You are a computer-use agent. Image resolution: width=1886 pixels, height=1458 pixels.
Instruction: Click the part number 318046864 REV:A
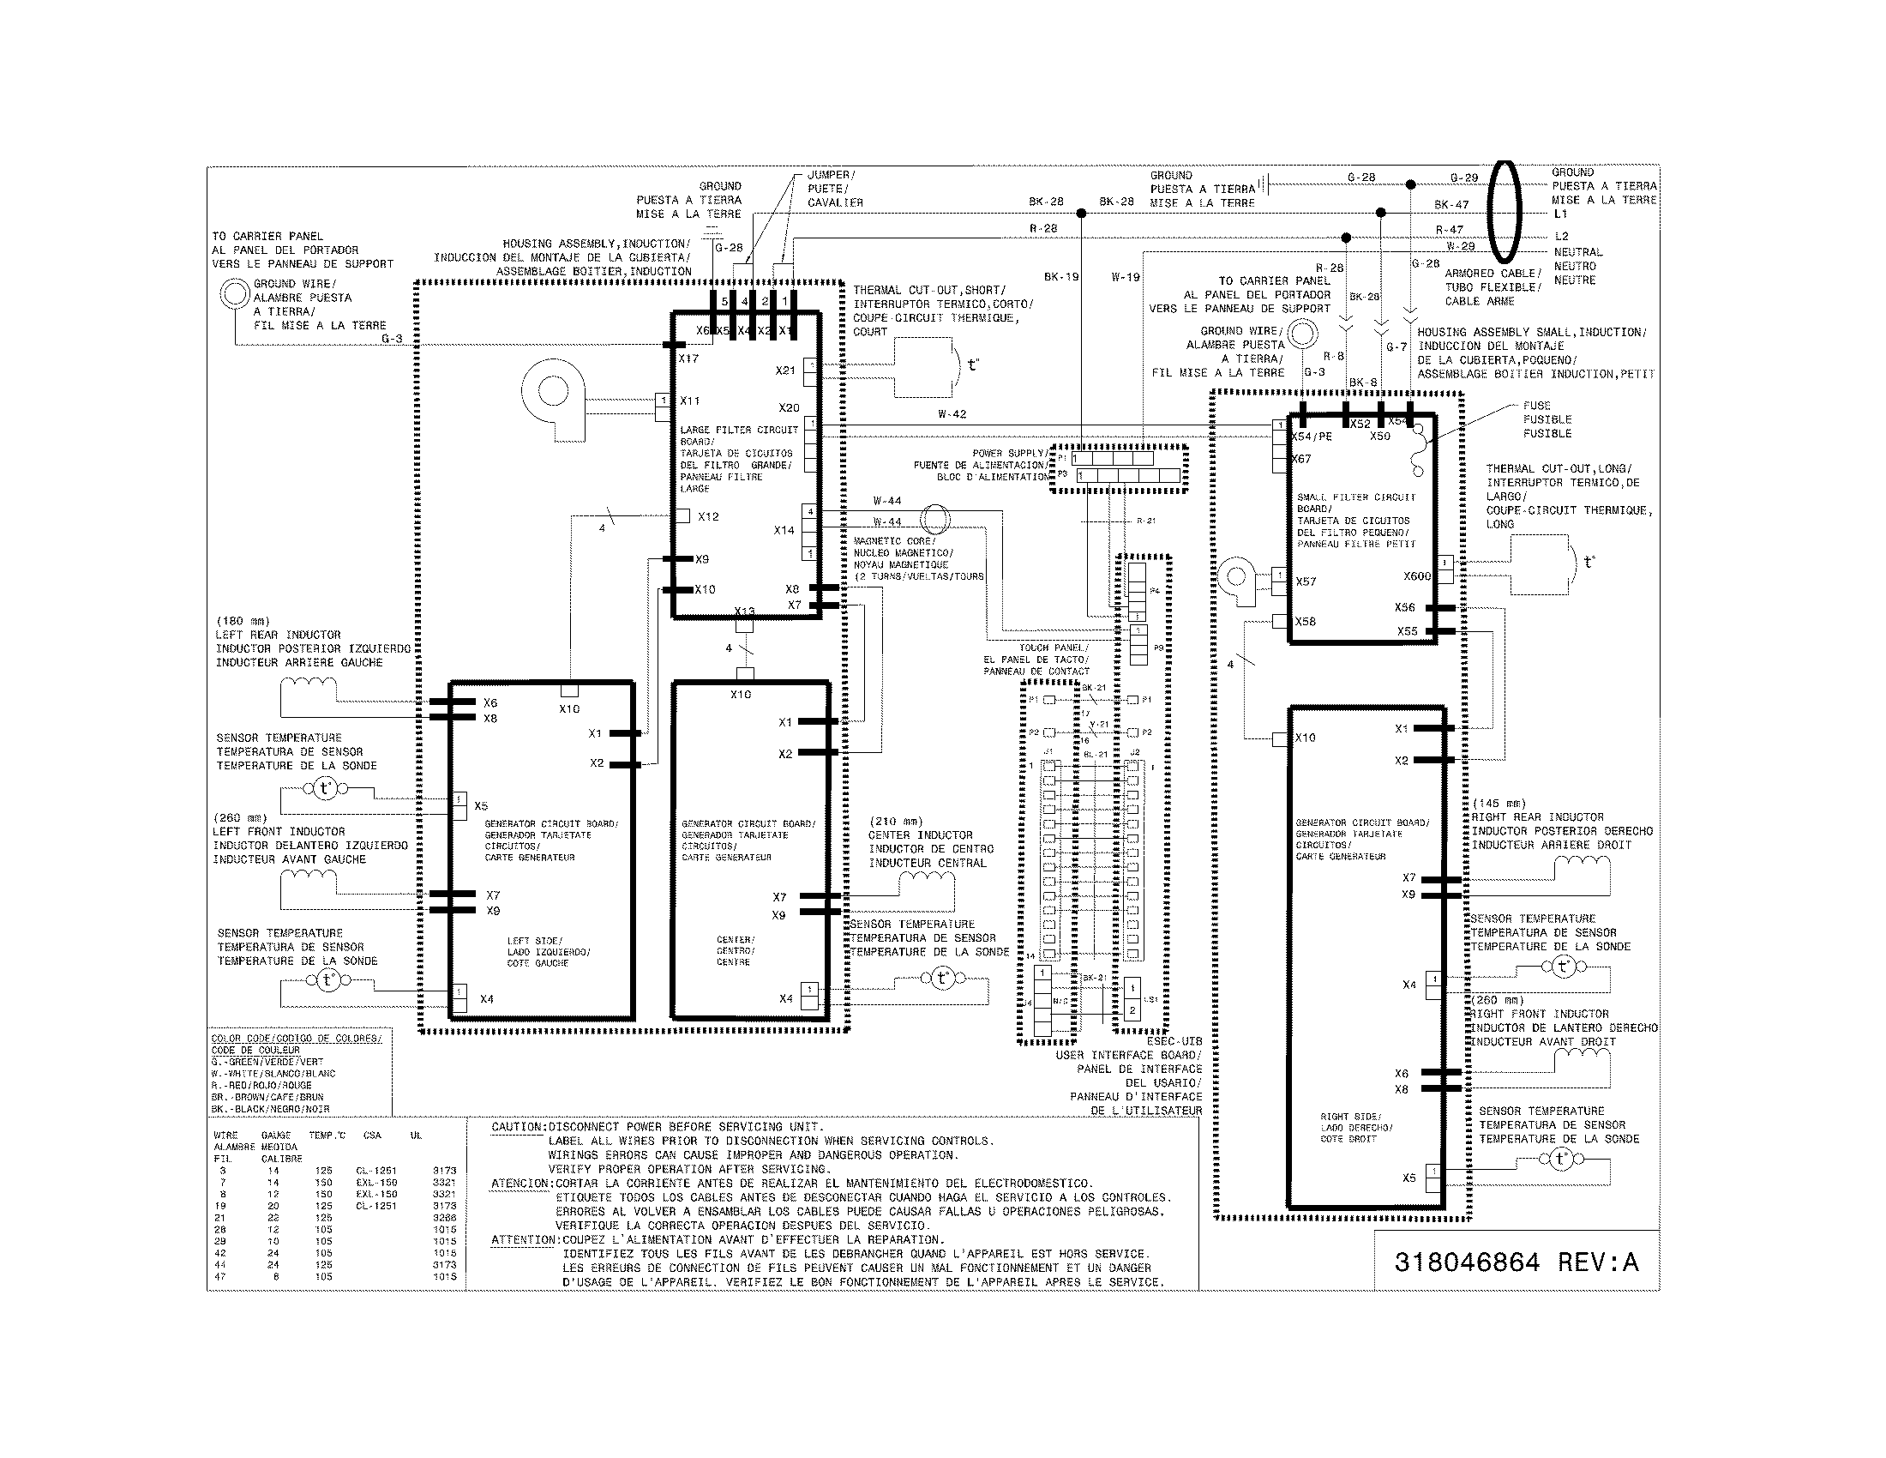(x=1516, y=1262)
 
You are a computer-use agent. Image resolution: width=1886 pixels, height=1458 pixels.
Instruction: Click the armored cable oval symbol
(x=1505, y=212)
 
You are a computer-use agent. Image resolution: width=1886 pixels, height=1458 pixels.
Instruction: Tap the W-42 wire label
(x=952, y=414)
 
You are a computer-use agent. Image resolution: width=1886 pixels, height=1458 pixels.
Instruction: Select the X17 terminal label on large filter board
(x=688, y=358)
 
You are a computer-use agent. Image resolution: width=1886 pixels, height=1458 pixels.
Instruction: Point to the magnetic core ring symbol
(x=934, y=520)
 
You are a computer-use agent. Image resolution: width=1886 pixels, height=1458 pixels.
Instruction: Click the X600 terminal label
(x=1417, y=576)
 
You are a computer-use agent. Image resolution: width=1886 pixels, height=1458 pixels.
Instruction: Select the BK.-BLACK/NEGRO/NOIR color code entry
(x=270, y=1109)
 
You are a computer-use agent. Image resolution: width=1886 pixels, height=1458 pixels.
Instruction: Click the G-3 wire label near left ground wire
(x=392, y=340)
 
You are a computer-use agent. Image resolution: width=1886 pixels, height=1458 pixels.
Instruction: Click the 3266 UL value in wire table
(x=444, y=1218)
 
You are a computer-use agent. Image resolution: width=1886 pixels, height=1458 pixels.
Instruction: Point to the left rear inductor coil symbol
(x=310, y=684)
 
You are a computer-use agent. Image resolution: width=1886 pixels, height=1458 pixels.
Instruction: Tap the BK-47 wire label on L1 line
(x=1451, y=205)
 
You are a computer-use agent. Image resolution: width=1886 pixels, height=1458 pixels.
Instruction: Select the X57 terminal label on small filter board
(x=1306, y=581)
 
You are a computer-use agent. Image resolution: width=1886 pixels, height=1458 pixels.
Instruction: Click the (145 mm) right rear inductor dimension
(x=1499, y=804)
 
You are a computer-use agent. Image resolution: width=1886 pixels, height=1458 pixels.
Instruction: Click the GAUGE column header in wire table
(x=275, y=1136)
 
